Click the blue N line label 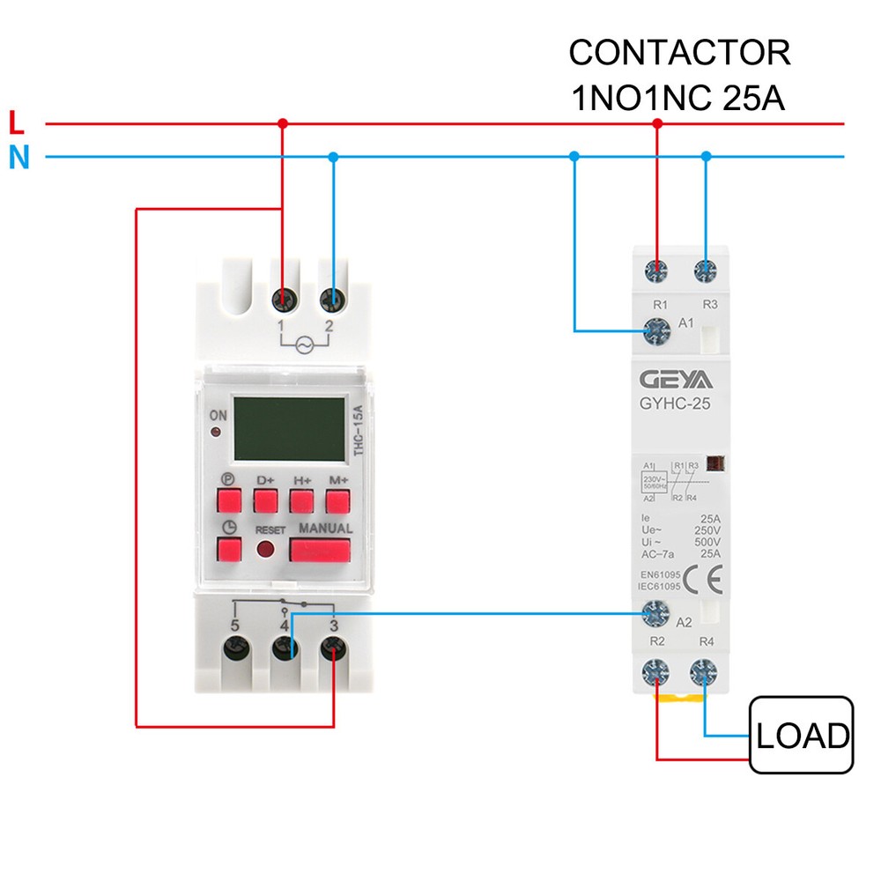click(x=19, y=158)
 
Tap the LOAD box click(x=801, y=735)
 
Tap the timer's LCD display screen click(x=290, y=429)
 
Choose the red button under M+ click(x=337, y=501)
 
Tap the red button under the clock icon click(x=230, y=551)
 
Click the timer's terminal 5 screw click(x=234, y=650)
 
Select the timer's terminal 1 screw click(x=284, y=300)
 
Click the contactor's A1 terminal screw click(x=656, y=330)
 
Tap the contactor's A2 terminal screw click(x=656, y=611)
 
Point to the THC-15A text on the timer click(x=357, y=431)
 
